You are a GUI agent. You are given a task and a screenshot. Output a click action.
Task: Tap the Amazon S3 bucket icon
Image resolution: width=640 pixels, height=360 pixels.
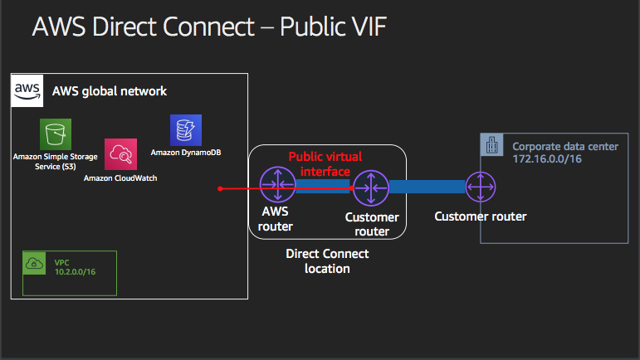click(x=56, y=134)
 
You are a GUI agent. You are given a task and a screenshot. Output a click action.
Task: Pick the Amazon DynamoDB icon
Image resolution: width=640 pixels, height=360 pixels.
click(x=186, y=130)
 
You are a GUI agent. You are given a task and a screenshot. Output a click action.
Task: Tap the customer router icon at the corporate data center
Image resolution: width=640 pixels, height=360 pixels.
click(x=481, y=187)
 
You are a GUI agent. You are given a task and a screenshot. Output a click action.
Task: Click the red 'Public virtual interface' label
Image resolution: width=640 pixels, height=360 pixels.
click(x=325, y=163)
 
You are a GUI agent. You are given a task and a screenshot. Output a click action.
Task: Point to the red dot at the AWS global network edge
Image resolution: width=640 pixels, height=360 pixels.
click(x=220, y=189)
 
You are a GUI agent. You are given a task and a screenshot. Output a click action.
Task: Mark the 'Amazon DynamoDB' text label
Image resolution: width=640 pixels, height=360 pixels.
click(x=186, y=153)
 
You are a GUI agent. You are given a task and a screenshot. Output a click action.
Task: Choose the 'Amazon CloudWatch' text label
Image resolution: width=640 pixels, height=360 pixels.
click(x=120, y=178)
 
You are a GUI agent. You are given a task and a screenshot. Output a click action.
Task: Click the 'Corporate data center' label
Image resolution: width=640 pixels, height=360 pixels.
click(x=564, y=146)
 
